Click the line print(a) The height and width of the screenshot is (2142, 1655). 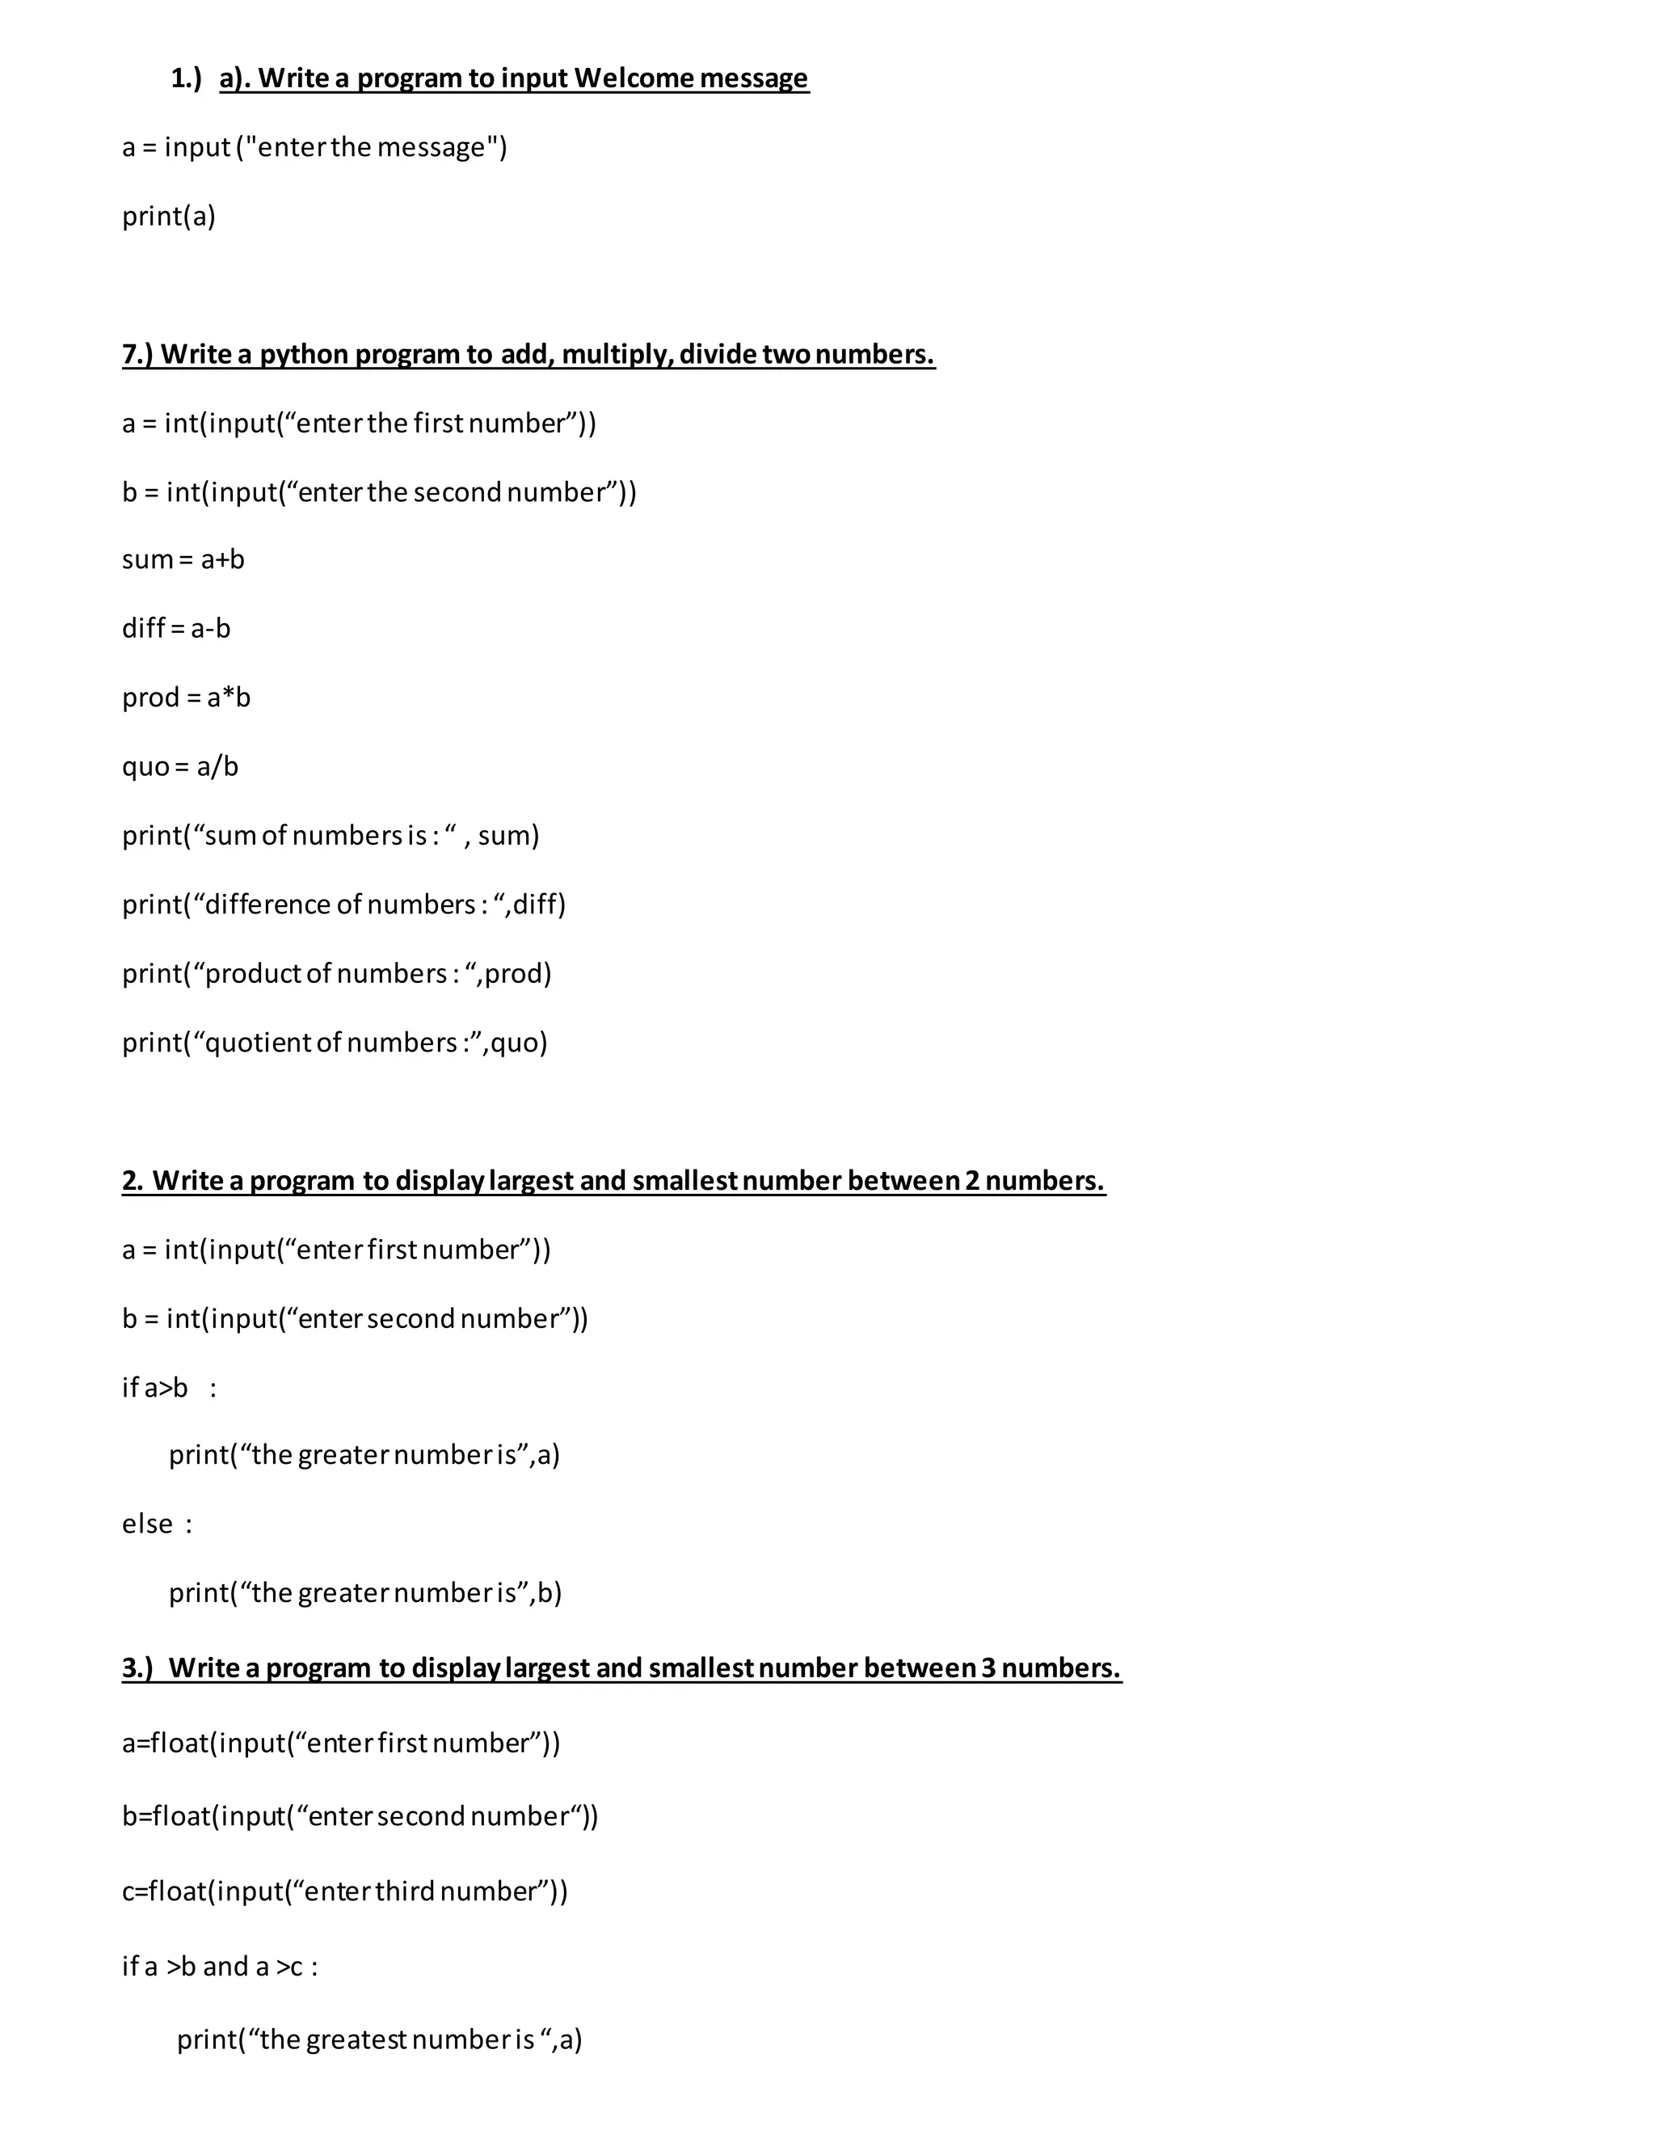(x=169, y=217)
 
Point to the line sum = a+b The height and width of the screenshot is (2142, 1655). (x=183, y=560)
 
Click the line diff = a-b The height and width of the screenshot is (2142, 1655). (x=176, y=629)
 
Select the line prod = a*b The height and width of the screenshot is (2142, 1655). (x=187, y=698)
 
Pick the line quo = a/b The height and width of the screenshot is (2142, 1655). (x=180, y=767)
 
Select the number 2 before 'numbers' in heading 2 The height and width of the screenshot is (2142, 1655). (x=971, y=1181)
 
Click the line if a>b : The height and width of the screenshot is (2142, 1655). (x=169, y=1388)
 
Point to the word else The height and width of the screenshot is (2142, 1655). (x=147, y=1524)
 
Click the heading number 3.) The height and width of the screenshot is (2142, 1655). (x=137, y=1668)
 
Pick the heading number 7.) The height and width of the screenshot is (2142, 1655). (x=137, y=355)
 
